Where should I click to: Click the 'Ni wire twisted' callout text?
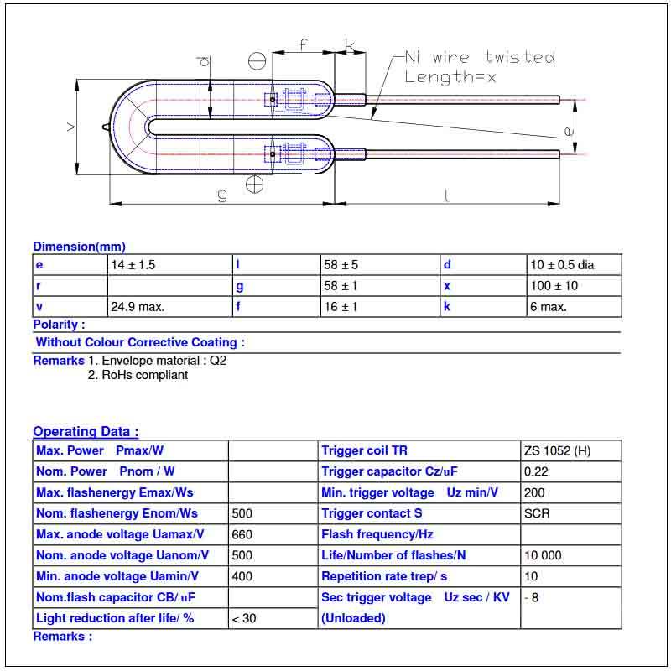[479, 58]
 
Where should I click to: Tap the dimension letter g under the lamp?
[222, 195]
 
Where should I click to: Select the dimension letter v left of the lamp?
[71, 126]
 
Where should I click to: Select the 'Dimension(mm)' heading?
[79, 247]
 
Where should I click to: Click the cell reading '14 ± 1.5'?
[133, 265]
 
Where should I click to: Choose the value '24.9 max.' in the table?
[138, 307]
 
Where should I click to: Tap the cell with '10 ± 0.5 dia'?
[562, 265]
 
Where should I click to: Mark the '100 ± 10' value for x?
[554, 286]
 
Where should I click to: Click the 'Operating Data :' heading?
[86, 432]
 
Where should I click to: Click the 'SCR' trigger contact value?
[537, 513]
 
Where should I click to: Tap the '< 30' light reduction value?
[244, 618]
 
